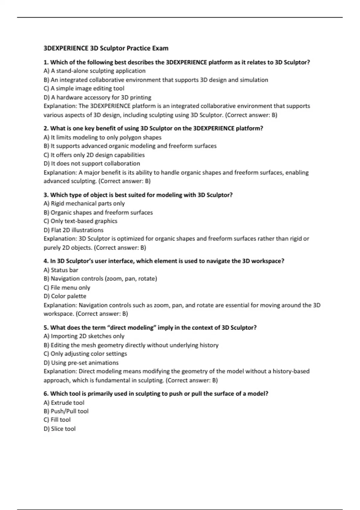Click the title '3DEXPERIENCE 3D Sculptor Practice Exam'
coord(106,48)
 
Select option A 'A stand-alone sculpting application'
coord(94,71)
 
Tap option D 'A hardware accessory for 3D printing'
coord(97,97)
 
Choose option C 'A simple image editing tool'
coord(84,88)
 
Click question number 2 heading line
coord(153,128)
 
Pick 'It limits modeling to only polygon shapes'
coord(103,137)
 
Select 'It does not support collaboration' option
coord(92,163)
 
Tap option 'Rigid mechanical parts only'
coord(84,203)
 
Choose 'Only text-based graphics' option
coord(80,221)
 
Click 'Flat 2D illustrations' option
coord(73,230)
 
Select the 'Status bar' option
coord(61,270)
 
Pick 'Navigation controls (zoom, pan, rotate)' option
coord(100,279)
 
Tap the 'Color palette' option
coord(65,296)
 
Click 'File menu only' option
coord(67,288)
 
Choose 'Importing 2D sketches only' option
coord(84,336)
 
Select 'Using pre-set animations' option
coord(81,363)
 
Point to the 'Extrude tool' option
coord(64,403)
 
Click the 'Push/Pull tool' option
coord(66,411)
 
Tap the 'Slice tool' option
coord(60,429)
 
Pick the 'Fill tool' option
coord(57,420)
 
